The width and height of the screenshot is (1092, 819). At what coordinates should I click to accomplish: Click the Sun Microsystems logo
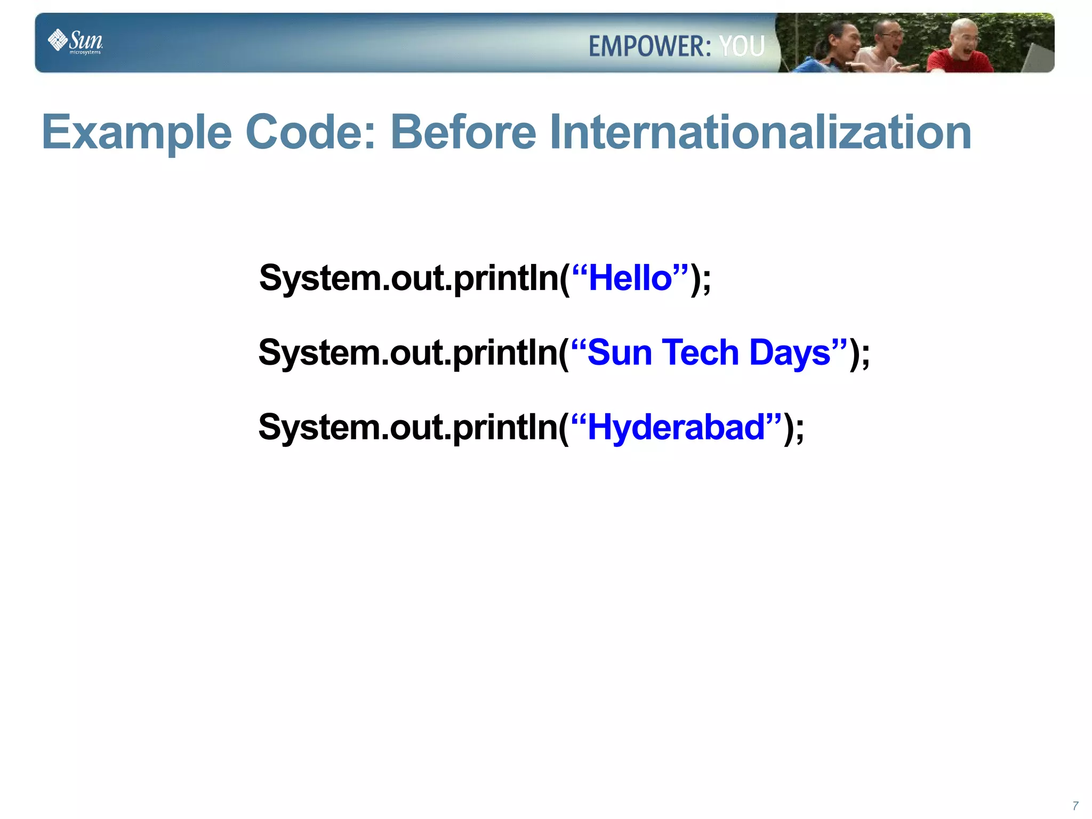(x=75, y=41)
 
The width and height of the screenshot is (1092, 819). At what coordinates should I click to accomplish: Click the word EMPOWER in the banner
(x=649, y=46)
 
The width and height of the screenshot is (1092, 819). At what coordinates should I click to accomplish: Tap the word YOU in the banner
(x=742, y=46)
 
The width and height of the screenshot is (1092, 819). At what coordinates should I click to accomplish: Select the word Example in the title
(x=136, y=133)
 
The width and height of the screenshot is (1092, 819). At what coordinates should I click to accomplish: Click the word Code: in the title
(x=310, y=133)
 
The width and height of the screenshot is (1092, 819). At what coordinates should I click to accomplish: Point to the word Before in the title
(x=463, y=133)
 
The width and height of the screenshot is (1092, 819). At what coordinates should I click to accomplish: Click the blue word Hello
(x=630, y=278)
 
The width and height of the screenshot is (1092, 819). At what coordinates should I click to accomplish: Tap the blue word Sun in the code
(x=619, y=353)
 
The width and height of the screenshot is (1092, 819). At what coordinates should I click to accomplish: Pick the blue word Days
(x=789, y=353)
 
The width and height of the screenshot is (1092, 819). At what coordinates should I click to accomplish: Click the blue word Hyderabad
(x=676, y=428)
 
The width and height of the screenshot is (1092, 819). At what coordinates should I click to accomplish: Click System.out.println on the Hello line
(x=408, y=278)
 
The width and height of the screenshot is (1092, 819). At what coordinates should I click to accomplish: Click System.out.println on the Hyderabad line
(x=408, y=428)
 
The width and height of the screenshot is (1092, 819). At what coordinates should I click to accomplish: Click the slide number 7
(x=1075, y=806)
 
